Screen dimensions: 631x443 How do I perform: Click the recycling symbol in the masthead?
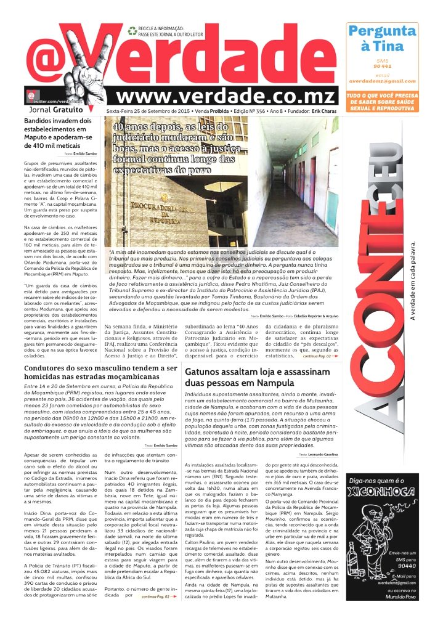click(x=132, y=30)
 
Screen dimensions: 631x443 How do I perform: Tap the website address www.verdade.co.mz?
click(x=226, y=96)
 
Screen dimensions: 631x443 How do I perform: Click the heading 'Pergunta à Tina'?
click(x=382, y=38)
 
